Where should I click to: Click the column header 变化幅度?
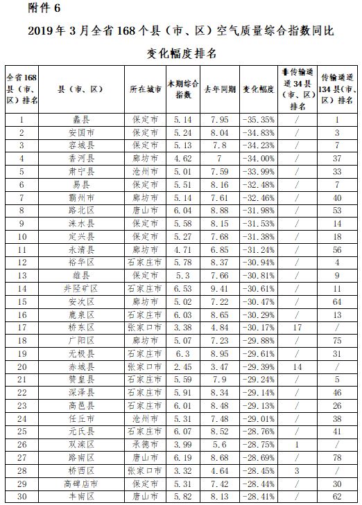259,90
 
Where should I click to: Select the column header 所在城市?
146,90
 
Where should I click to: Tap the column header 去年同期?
220,90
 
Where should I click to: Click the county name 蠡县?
82,120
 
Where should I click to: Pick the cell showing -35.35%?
259,120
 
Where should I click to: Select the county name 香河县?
82,159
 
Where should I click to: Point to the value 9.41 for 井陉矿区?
220,287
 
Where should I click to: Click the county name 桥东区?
82,327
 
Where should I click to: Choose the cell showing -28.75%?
259,444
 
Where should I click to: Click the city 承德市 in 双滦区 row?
146,444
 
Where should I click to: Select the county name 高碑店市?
82,483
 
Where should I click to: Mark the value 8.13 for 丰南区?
220,496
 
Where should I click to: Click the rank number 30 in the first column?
21,496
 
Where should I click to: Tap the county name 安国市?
82,132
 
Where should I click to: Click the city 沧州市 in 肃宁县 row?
146,171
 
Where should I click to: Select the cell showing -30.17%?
259,327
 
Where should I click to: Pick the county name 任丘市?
82,418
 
